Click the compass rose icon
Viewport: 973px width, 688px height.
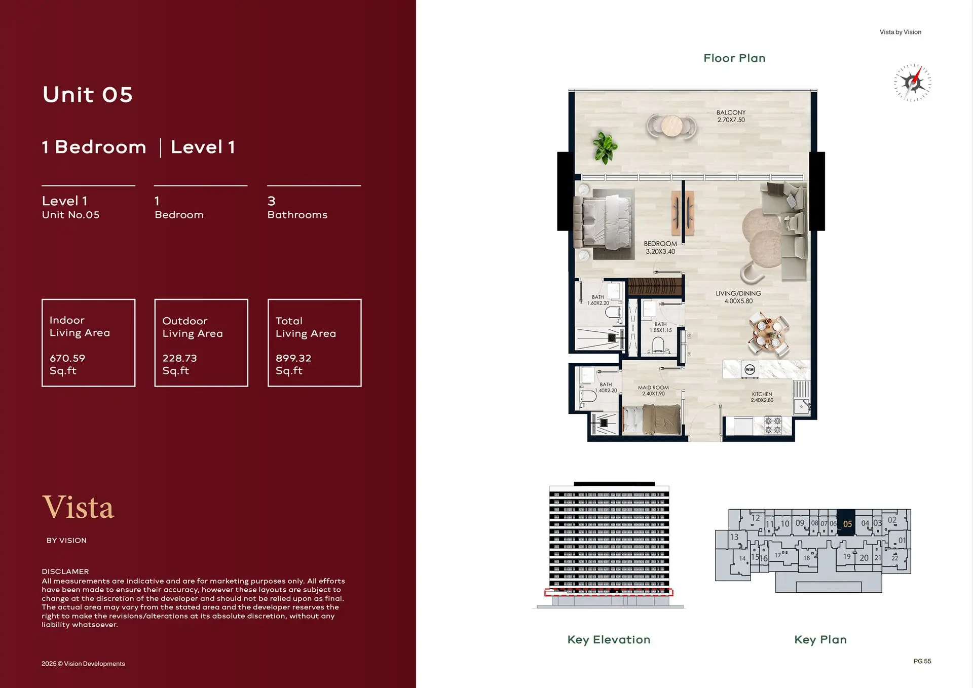[912, 83]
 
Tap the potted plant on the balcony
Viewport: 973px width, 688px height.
[605, 147]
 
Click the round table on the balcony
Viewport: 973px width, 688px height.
[672, 126]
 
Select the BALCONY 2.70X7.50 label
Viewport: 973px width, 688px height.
[731, 116]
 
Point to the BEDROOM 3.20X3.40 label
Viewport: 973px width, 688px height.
[660, 247]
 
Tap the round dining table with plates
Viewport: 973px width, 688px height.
[768, 334]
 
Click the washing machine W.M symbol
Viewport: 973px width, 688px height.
[750, 369]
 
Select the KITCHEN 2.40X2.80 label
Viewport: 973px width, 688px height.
[762, 397]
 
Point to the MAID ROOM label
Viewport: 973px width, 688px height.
[653, 388]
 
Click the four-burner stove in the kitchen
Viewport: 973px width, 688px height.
[773, 425]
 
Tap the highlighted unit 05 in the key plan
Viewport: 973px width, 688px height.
[846, 523]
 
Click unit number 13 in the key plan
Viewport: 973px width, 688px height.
[734, 537]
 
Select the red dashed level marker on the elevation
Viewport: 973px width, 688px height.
[609, 592]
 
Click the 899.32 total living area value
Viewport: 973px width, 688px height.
[293, 358]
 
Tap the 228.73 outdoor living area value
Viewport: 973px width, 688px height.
[179, 358]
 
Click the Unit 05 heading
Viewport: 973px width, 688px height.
[88, 95]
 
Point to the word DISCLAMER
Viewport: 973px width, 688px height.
[65, 571]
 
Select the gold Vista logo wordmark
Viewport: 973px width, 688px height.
[79, 507]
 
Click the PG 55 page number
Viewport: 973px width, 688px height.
[922, 661]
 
